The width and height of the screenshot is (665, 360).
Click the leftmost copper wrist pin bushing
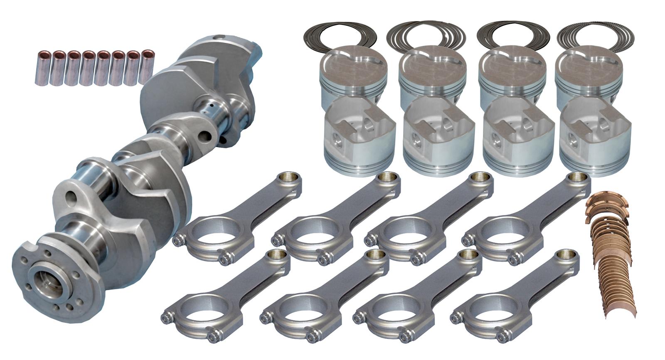[x=42, y=68]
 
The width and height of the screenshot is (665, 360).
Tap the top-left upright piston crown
[x=353, y=62]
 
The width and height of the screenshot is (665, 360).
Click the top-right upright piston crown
[x=589, y=62]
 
